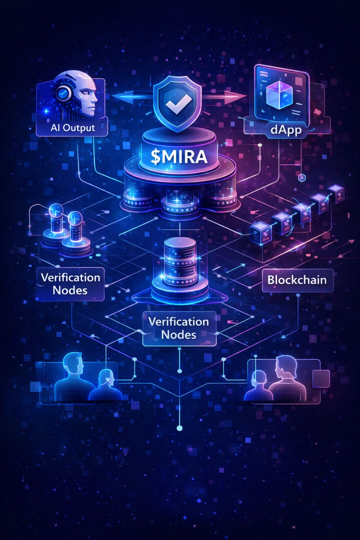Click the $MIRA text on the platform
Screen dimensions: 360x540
pos(179,157)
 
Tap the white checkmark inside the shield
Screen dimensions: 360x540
pos(179,102)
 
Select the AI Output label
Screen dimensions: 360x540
pos(72,128)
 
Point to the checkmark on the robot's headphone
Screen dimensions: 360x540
pos(63,93)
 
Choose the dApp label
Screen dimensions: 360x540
pos(286,130)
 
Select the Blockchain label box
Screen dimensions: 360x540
pos(297,280)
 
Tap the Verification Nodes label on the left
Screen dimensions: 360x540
pos(70,284)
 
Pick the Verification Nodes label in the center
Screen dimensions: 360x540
pos(179,328)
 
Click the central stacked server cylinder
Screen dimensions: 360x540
pos(180,262)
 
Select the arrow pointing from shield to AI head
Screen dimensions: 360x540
pos(130,95)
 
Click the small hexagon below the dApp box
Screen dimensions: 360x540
pos(301,178)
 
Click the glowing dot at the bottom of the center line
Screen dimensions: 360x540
pos(180,428)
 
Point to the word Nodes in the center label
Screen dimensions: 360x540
pos(179,335)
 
